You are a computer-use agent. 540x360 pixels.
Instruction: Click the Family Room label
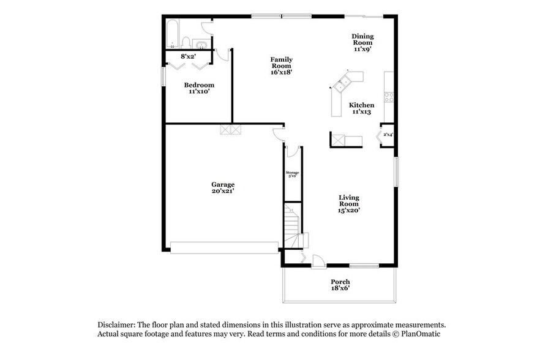(281, 66)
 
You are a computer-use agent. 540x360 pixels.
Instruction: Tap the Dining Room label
(362, 42)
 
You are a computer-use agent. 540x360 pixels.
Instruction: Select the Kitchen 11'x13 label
(362, 108)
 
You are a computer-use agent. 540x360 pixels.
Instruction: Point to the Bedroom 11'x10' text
(199, 88)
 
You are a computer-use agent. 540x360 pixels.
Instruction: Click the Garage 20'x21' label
(223, 187)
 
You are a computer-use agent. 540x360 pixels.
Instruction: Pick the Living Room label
(349, 203)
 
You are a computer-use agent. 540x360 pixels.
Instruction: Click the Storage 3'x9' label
(292, 174)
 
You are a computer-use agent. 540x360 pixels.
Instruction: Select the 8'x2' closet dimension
(188, 56)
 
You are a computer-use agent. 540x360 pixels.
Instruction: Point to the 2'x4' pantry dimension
(388, 134)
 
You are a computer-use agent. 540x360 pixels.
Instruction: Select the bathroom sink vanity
(200, 43)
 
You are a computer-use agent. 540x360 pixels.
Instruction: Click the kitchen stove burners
(388, 96)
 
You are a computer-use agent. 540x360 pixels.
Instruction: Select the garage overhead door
(224, 247)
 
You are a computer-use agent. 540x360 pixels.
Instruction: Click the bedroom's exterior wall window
(163, 77)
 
